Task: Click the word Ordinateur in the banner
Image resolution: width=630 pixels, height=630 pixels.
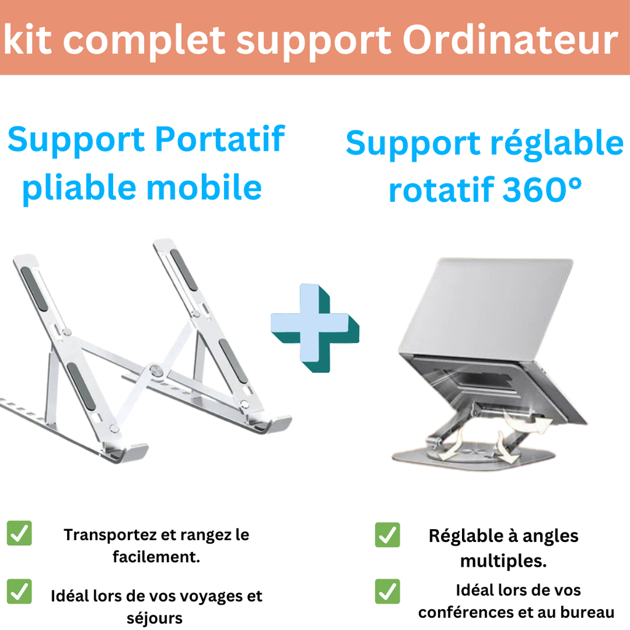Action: tap(510, 40)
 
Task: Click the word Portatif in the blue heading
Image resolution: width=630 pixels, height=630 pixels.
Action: tap(220, 139)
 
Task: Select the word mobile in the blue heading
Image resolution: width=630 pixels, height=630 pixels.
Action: tap(204, 187)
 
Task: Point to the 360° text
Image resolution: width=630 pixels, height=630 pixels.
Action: tap(542, 189)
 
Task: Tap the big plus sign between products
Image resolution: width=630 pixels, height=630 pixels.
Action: tap(315, 328)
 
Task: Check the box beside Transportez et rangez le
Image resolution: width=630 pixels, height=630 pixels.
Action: tap(19, 533)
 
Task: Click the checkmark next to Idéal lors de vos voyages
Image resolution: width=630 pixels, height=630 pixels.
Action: tap(19, 591)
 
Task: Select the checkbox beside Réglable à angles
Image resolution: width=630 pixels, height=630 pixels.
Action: tap(388, 535)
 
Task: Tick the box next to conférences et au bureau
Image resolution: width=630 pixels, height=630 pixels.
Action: tap(388, 591)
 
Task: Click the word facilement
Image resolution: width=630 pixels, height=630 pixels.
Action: tap(156, 557)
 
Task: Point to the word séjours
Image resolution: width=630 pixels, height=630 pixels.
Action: tap(154, 618)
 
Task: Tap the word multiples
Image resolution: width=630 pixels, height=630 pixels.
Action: tap(503, 561)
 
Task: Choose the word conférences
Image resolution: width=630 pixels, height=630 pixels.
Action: tap(466, 612)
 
